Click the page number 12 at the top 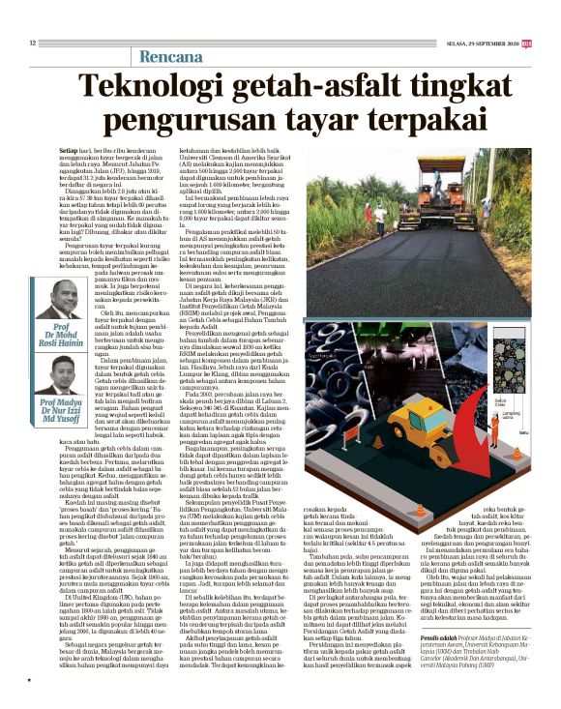pos(32,42)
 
